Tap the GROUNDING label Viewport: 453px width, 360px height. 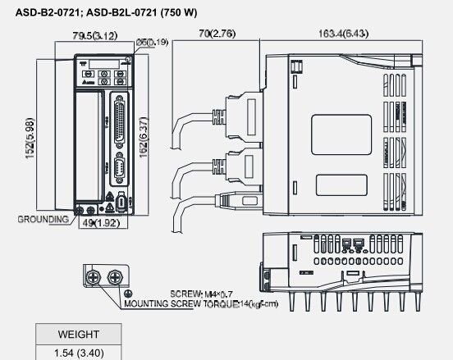click(43, 220)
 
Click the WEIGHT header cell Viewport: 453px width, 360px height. click(79, 335)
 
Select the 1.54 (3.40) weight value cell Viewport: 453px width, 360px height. click(79, 353)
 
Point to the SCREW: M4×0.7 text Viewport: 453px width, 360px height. click(202, 293)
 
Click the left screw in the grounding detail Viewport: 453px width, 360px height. click(97, 277)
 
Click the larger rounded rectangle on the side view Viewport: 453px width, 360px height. click(341, 136)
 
